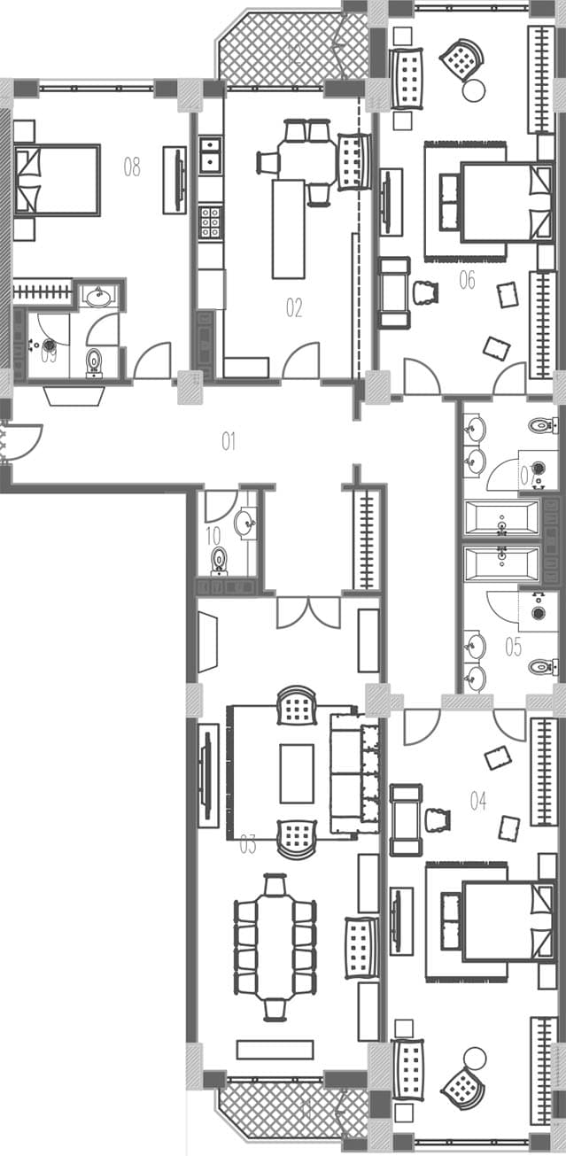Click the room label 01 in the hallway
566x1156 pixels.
coord(229,440)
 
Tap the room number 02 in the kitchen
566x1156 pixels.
coord(294,307)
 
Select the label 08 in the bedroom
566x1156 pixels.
coord(132,166)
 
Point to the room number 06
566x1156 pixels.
coord(467,280)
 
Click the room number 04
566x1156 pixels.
coord(478,801)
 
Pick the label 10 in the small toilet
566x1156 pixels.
coord(213,535)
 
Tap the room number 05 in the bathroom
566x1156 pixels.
coord(513,646)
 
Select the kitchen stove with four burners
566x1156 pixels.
coord(210,221)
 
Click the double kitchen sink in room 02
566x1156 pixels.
coord(210,154)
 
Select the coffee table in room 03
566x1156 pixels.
coord(297,772)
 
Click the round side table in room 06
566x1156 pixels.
coord(474,89)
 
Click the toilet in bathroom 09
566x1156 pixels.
coord(94,362)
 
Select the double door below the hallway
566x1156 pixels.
coord(308,611)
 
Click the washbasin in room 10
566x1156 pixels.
coord(245,522)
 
